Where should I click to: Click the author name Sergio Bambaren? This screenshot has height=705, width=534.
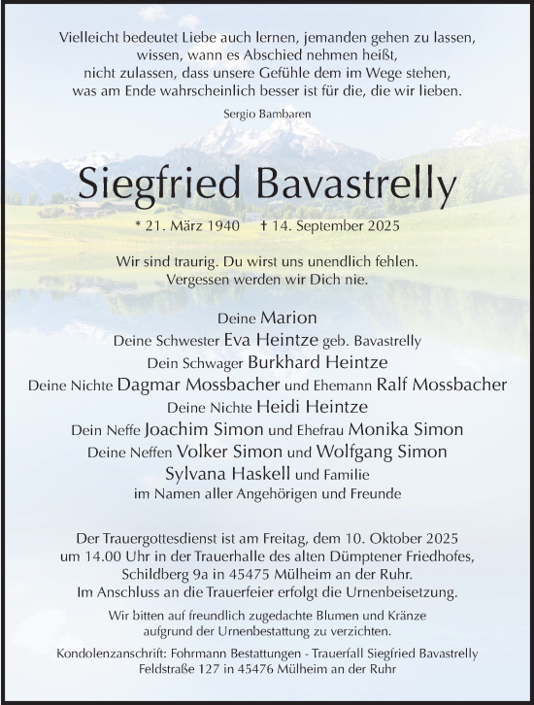point(266,115)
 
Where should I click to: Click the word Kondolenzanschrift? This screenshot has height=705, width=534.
point(109,655)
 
